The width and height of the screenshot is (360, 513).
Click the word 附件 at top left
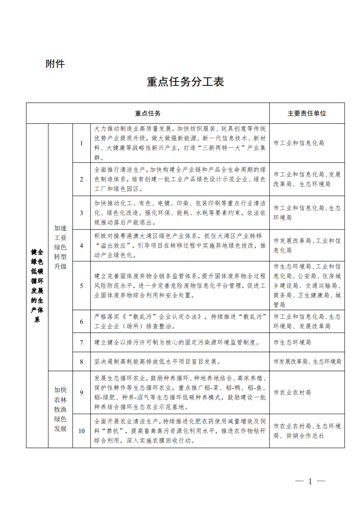point(55,64)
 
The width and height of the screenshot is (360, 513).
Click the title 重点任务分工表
point(185,82)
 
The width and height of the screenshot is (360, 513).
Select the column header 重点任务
point(148,113)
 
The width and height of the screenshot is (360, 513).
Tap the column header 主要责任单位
point(307,113)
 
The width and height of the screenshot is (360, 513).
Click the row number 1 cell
point(81,143)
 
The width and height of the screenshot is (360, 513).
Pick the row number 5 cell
point(81,286)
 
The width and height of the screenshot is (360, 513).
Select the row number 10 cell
point(81,431)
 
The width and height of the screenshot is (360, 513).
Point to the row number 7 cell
point(81,342)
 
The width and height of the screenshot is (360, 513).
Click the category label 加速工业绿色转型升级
point(60,247)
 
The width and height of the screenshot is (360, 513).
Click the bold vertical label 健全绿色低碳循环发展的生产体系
point(37,286)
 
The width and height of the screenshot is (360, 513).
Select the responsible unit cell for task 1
point(299,143)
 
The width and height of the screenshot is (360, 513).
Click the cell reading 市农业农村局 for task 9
point(292,393)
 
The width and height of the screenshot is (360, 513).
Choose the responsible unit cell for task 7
point(292,342)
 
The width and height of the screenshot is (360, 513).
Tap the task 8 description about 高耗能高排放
point(158,361)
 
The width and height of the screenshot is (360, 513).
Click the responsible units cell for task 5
point(307,286)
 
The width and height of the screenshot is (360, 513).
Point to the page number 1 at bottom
point(310,481)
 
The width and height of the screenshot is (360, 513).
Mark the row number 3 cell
point(81,213)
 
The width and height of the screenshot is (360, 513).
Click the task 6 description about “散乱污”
point(180,321)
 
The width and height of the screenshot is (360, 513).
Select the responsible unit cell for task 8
point(307,361)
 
